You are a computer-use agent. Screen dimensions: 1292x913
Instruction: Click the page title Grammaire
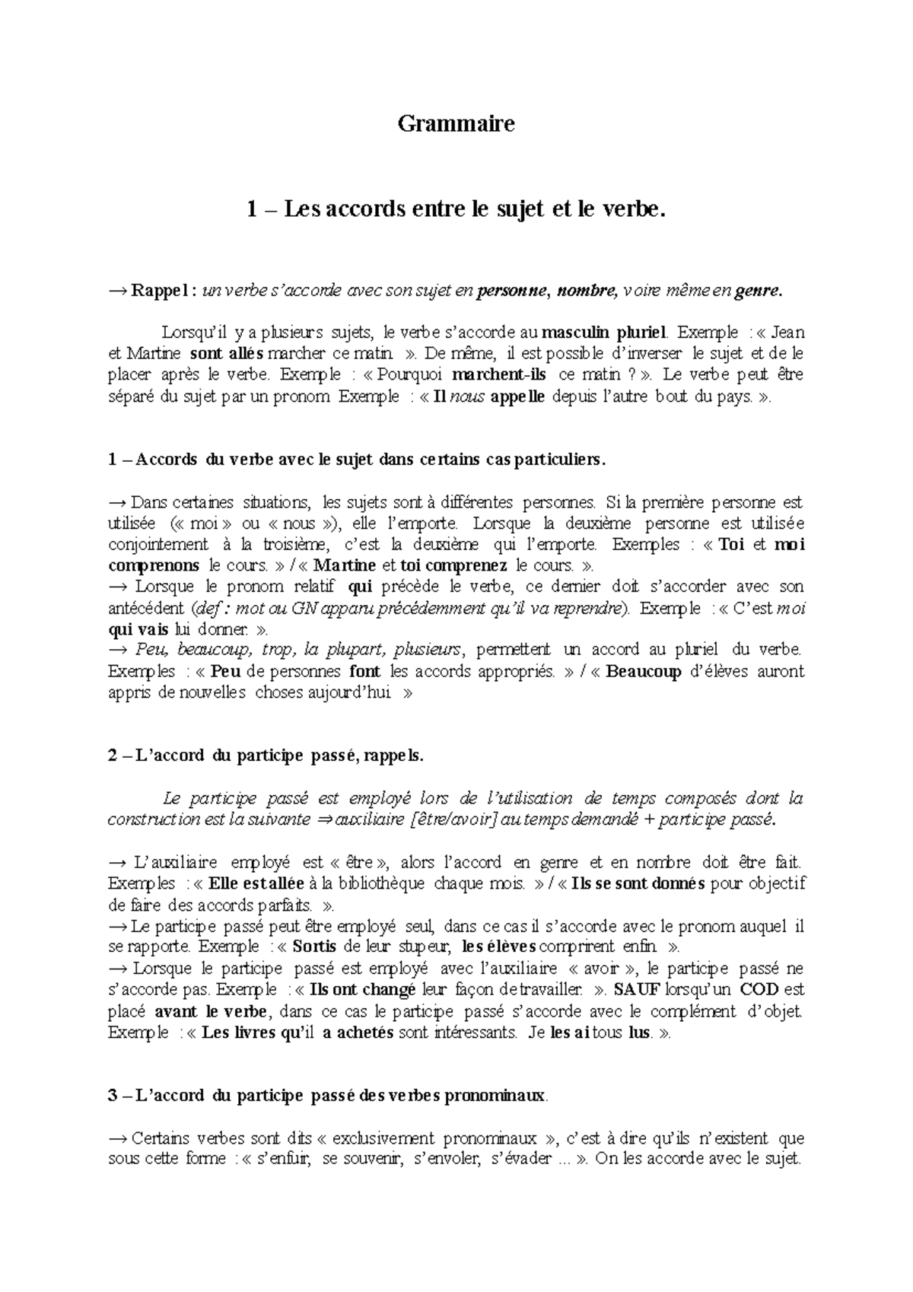click(x=456, y=123)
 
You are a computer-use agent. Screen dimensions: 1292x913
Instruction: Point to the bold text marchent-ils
click(x=499, y=375)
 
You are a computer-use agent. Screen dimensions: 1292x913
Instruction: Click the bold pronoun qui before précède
click(x=360, y=587)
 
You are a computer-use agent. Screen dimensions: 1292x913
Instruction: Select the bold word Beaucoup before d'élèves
click(x=644, y=671)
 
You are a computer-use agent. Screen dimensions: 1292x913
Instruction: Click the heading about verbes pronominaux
click(x=328, y=1096)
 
